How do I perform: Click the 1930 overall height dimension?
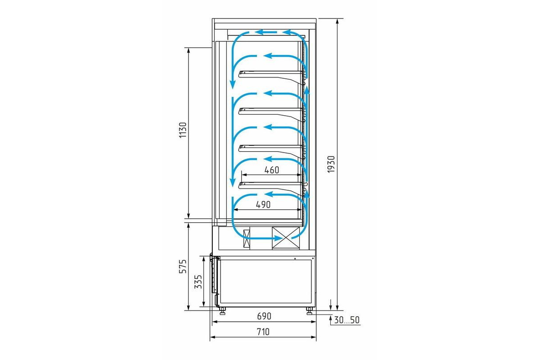click(x=332, y=164)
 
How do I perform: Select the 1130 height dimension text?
click(x=183, y=130)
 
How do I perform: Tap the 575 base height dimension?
click(x=183, y=266)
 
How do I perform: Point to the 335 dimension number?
click(x=198, y=282)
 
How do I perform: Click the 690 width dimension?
click(x=264, y=316)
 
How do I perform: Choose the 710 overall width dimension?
click(x=263, y=332)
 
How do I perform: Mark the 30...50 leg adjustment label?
click(x=346, y=320)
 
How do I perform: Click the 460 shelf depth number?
click(x=272, y=170)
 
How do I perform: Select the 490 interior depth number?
click(x=263, y=205)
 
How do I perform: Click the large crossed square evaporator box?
click(x=286, y=238)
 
